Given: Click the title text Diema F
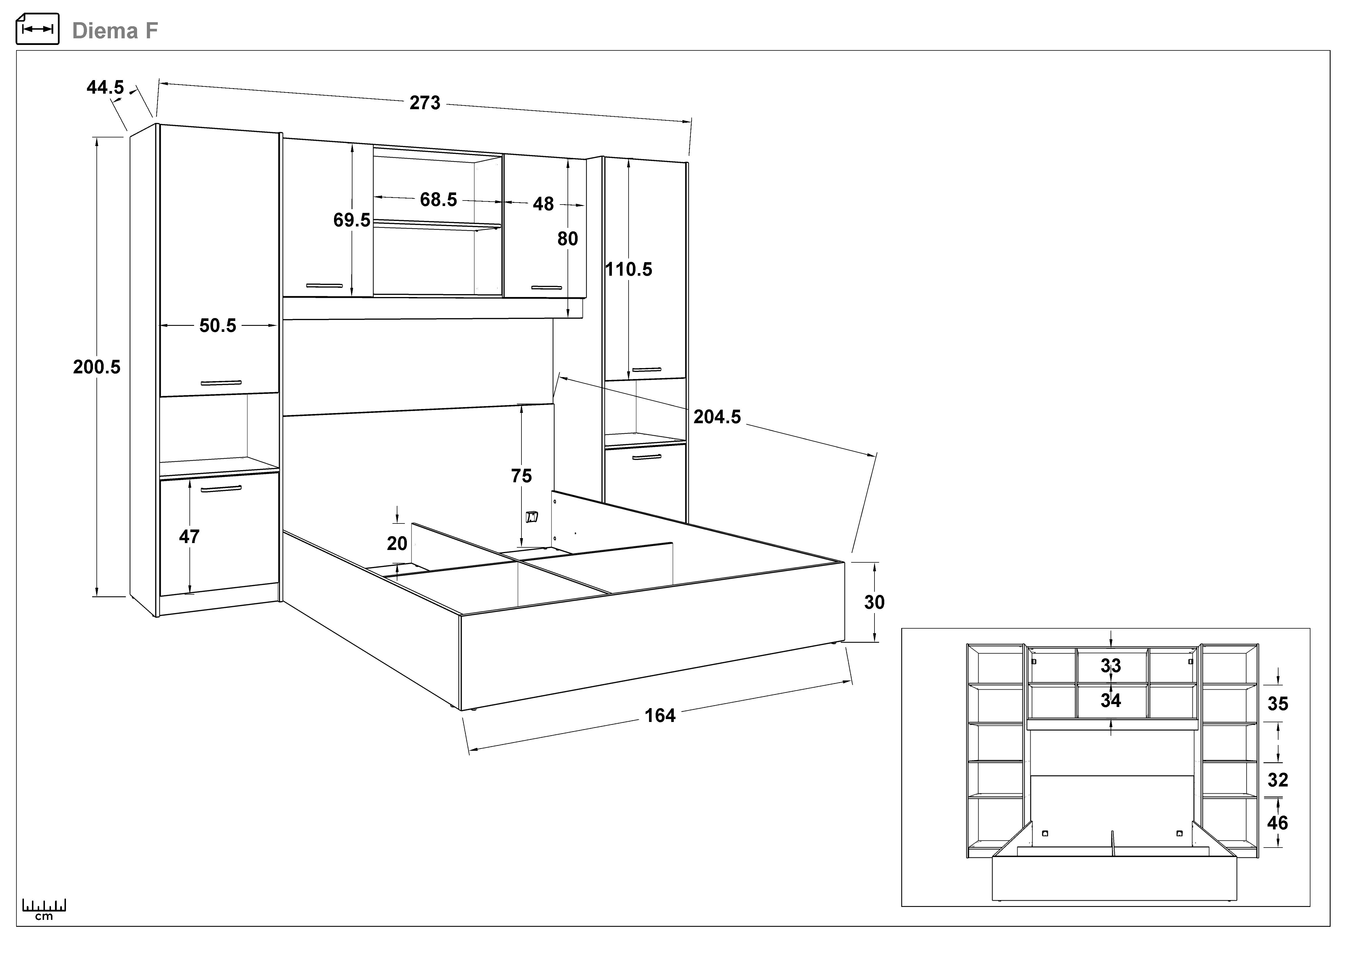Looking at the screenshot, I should [x=115, y=31].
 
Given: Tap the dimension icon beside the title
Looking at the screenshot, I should [x=37, y=29].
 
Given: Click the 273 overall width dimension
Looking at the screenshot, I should [x=425, y=103].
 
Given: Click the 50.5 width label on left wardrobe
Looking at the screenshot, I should [x=218, y=326].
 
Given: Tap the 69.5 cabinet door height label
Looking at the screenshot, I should [x=352, y=220].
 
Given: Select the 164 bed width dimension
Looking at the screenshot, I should [x=660, y=715].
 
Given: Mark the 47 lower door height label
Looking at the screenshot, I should [x=189, y=536].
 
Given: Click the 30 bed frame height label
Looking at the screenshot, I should [x=874, y=602].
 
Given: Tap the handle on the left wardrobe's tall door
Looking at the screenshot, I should [x=221, y=383].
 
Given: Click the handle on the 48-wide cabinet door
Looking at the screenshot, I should [x=546, y=288].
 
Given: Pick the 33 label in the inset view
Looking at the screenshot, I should [x=1111, y=665].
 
